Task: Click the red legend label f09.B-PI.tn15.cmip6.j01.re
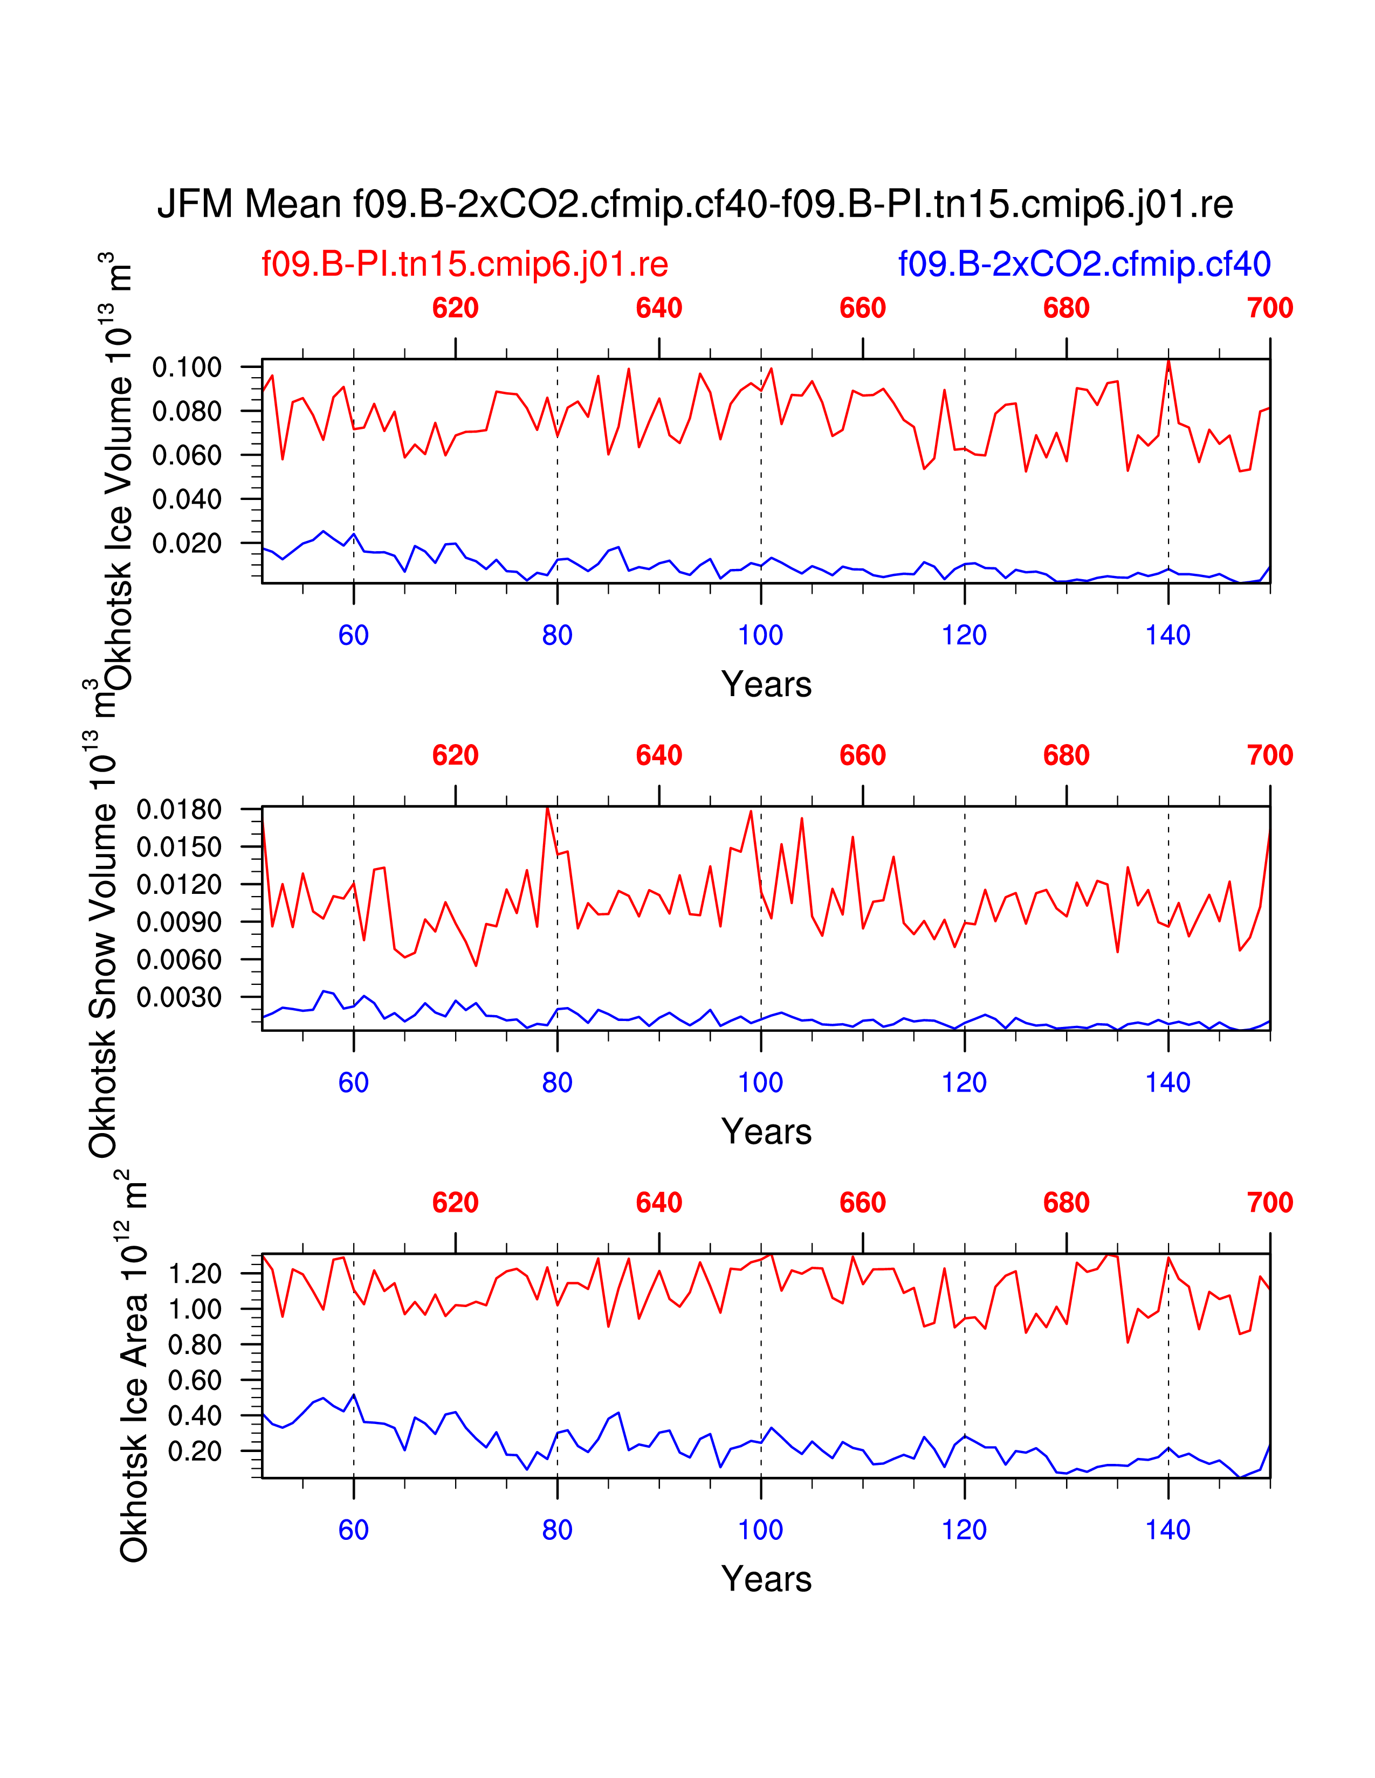point(464,264)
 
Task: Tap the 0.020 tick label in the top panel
point(187,543)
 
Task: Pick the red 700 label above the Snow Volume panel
point(1269,755)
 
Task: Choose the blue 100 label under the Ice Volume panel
point(760,635)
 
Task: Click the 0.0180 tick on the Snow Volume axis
point(179,809)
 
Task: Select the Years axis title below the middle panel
point(766,1131)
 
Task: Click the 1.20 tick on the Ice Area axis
point(194,1273)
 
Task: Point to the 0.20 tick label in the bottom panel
point(194,1451)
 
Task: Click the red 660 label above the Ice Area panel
point(862,1203)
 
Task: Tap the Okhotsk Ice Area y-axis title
point(134,1367)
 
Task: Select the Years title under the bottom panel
point(766,1579)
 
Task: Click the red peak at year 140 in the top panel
point(1168,362)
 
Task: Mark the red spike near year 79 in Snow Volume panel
point(547,808)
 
